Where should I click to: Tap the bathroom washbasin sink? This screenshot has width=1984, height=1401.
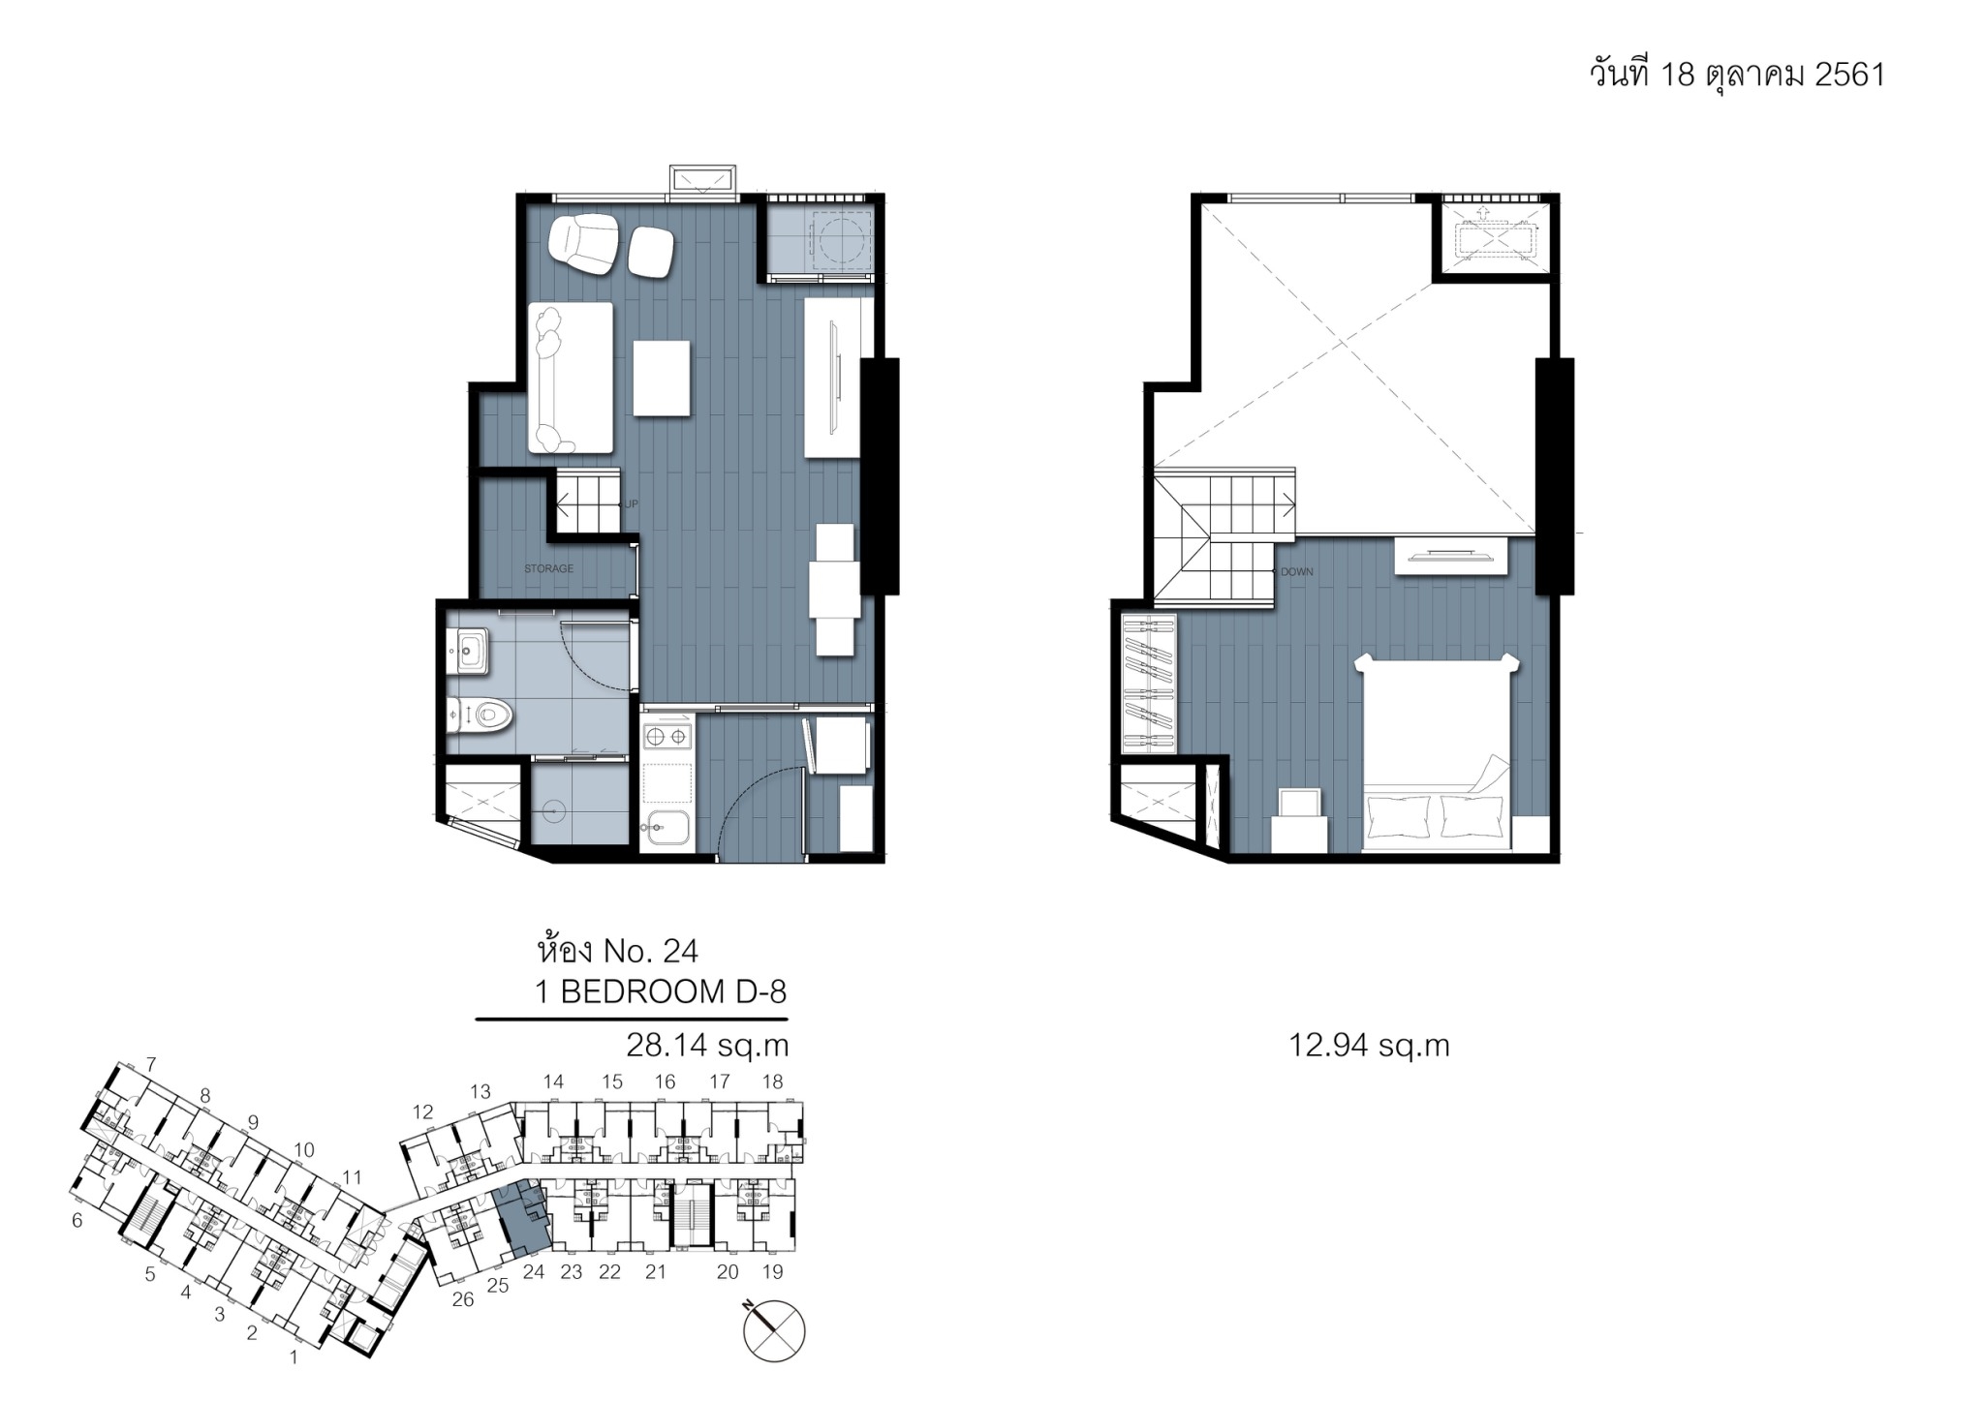[x=470, y=651]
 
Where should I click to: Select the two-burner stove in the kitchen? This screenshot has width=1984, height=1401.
[x=667, y=737]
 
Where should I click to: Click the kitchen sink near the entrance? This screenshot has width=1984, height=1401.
[x=667, y=827]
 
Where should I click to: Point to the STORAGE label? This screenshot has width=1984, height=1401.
[x=549, y=569]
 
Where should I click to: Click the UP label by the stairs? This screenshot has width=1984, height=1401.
[x=631, y=504]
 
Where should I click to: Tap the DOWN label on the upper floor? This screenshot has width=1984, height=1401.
[x=1297, y=572]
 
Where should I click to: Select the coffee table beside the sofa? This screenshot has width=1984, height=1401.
[x=662, y=379]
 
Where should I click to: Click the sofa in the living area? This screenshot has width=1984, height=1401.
[x=571, y=378]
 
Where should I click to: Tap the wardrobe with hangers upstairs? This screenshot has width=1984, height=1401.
[x=1148, y=684]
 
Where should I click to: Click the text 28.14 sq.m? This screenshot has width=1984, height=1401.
[x=707, y=1046]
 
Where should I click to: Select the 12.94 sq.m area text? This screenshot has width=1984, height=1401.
[x=1369, y=1046]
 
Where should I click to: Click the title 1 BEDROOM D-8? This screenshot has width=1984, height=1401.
[x=661, y=991]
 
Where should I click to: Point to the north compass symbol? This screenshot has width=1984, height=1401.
[x=774, y=1330]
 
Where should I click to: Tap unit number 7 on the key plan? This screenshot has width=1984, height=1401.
[x=151, y=1065]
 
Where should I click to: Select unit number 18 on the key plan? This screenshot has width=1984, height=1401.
[x=772, y=1081]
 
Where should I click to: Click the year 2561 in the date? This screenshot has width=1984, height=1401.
[x=1849, y=75]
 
